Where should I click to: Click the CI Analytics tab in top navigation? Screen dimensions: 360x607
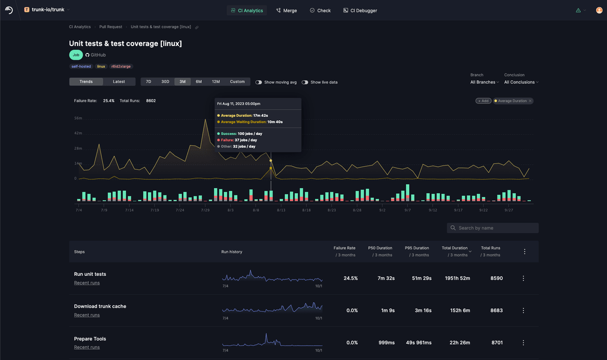[247, 10]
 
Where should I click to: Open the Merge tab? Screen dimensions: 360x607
[287, 10]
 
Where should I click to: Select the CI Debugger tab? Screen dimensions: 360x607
[360, 10]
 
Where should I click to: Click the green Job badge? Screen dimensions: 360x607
[76, 55]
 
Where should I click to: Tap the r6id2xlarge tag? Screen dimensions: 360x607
[121, 66]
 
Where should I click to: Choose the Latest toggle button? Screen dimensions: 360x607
[119, 81]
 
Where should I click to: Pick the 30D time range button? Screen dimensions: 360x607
[165, 81]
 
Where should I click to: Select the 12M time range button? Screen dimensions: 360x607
[216, 81]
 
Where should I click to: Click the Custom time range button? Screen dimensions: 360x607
[237, 81]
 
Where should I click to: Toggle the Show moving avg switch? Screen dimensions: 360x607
[259, 82]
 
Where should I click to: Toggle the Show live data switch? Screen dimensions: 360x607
[305, 82]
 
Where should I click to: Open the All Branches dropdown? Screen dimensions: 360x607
[484, 82]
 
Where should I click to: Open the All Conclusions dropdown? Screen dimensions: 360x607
[521, 82]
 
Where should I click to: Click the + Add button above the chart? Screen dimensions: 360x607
[483, 101]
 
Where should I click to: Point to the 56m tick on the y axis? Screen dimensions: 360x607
[78, 119]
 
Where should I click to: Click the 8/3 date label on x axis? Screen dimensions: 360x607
[230, 210]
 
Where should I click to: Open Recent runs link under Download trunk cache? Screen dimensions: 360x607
[87, 315]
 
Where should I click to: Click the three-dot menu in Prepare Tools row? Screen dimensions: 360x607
[523, 343]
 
